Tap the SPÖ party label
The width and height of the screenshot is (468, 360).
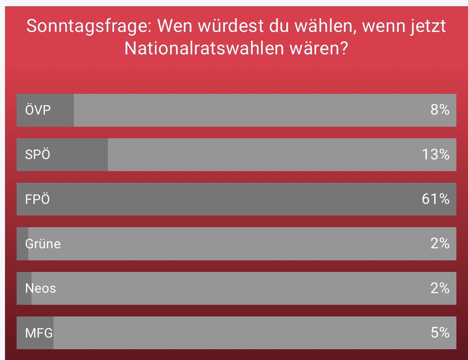point(37,154)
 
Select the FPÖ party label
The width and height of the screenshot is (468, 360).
point(37,199)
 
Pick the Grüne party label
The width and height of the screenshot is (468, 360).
point(43,244)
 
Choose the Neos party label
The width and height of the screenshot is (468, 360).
point(40,288)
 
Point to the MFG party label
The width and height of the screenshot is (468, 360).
point(39,333)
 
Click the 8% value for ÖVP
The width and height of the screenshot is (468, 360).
point(440,110)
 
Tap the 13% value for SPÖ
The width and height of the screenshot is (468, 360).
point(436,154)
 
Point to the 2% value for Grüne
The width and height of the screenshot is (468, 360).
point(440,244)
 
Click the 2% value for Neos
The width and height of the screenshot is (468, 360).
point(440,288)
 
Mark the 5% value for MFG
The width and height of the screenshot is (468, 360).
point(440,333)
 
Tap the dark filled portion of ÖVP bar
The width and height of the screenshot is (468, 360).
point(62,110)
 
